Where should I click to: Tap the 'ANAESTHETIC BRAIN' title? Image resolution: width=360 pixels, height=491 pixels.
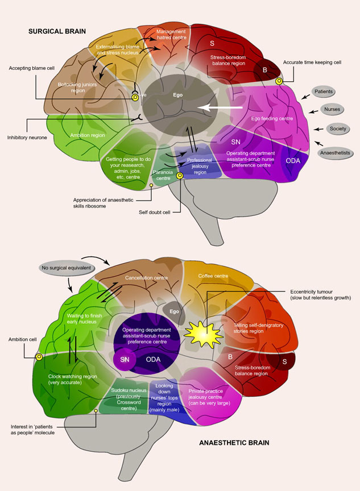[243, 442]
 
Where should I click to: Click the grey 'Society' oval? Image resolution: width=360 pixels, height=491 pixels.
[334, 129]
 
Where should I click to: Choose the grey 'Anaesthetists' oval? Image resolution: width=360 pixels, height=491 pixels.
[337, 152]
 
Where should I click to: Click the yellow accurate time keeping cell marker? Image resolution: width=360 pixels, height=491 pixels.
[280, 81]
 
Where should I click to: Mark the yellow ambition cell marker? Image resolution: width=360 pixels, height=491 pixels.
[39, 357]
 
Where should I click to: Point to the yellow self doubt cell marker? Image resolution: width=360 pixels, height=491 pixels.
[180, 176]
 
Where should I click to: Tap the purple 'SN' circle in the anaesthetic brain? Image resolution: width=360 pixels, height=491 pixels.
[124, 360]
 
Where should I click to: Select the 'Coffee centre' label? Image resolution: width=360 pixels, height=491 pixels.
[213, 277]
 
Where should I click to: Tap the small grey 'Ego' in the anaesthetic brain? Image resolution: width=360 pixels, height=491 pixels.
[174, 311]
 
